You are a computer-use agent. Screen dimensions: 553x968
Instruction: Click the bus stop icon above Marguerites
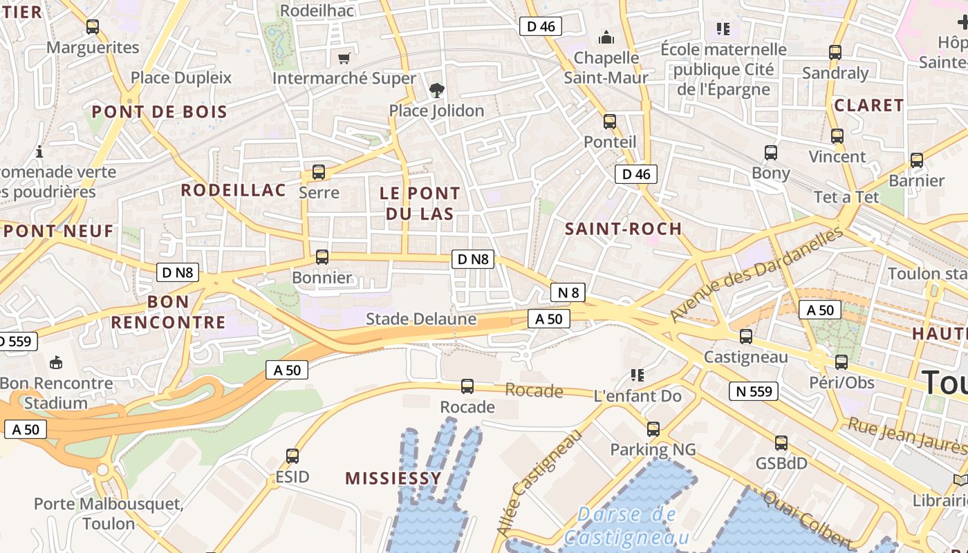(92, 27)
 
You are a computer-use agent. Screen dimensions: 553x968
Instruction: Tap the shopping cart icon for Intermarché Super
(344, 58)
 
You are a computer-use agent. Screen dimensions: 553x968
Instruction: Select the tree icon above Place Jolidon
(436, 90)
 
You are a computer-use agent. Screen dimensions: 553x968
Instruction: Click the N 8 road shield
(568, 292)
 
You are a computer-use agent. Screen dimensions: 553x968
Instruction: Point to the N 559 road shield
(753, 391)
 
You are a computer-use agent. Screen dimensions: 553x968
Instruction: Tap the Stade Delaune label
(420, 319)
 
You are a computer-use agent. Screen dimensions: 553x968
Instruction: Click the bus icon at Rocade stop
(467, 386)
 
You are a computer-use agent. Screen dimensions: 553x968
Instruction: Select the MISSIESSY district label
(393, 478)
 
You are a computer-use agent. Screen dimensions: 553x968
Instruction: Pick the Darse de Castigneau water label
(626, 526)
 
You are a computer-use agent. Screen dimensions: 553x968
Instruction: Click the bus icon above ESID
(292, 456)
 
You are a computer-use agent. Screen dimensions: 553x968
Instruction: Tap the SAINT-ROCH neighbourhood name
(623, 229)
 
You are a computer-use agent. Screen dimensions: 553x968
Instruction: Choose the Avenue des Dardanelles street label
(756, 274)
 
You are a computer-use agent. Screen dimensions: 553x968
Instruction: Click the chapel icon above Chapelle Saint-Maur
(606, 37)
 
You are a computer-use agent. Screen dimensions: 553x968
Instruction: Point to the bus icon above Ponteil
(609, 122)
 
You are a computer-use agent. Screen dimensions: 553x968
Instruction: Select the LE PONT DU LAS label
(420, 203)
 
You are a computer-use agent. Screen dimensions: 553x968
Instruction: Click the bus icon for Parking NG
(653, 429)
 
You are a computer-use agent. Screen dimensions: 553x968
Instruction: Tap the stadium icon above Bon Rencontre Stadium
(56, 362)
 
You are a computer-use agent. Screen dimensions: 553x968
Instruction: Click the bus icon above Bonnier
(322, 257)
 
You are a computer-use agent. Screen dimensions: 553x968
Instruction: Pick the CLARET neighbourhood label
(868, 105)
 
